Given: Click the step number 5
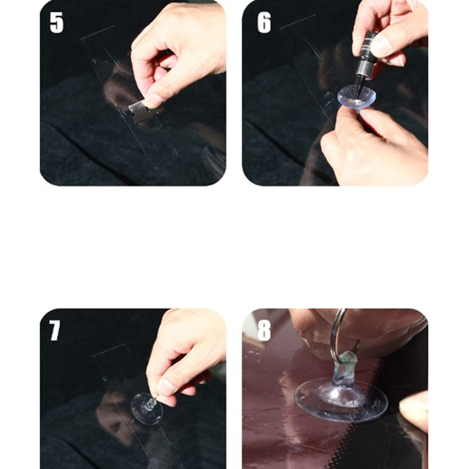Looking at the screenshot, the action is pyautogui.click(x=56, y=22).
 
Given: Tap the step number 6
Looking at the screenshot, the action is pyautogui.click(x=264, y=22).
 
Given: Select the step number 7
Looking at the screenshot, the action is pyautogui.click(x=55, y=331).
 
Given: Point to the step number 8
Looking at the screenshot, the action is pyautogui.click(x=264, y=331).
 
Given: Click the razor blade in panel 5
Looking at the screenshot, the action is pyautogui.click(x=145, y=112).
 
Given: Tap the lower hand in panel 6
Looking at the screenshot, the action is pyautogui.click(x=374, y=147).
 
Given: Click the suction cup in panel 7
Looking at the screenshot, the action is pyautogui.click(x=147, y=409).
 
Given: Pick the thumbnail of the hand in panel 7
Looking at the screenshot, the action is pyautogui.click(x=165, y=387).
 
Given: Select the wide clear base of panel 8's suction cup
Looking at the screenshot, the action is pyautogui.click(x=341, y=401).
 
